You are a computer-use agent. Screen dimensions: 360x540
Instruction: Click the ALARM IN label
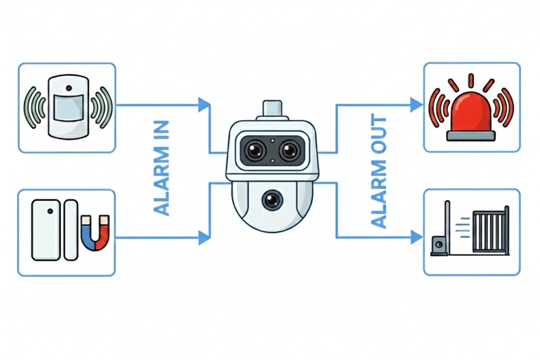tap(161, 168)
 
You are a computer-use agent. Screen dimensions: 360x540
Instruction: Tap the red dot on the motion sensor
tap(68, 88)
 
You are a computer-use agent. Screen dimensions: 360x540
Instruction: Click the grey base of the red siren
tap(471, 135)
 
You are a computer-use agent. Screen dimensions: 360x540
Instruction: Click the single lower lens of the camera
tap(271, 199)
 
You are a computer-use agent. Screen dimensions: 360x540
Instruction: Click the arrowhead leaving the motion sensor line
tap(204, 105)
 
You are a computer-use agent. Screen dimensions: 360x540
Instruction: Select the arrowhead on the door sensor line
tap(204, 238)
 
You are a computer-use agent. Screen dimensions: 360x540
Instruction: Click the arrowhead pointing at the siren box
tap(416, 105)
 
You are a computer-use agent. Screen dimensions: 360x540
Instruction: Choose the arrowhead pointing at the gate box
tap(416, 237)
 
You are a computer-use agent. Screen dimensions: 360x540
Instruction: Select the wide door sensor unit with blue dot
tap(46, 230)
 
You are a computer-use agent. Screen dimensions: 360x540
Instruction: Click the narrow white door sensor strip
tap(71, 230)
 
